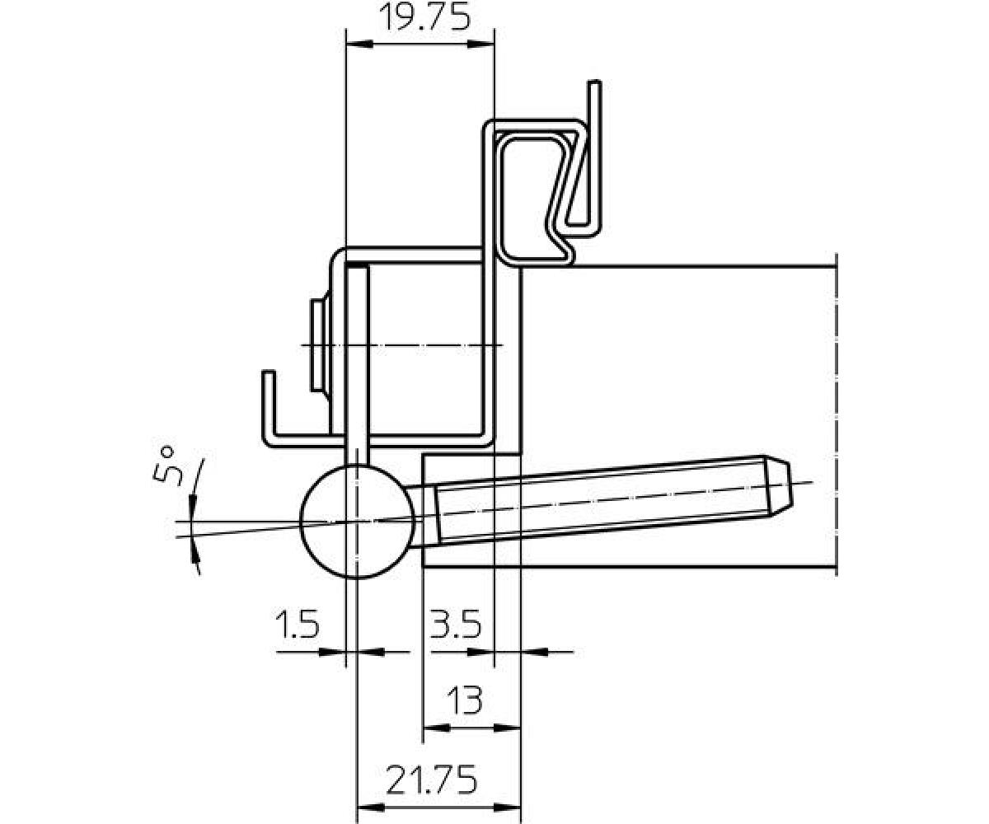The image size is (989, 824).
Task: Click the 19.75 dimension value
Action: pos(425,18)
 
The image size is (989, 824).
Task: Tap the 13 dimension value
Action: pos(465,700)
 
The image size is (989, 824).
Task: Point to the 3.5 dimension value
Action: pos(455,624)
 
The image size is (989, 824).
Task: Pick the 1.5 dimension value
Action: pos(298,624)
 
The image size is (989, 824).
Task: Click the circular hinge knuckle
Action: pos(357,522)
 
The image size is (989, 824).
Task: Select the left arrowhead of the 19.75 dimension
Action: pos(359,44)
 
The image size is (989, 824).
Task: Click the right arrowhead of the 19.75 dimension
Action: pos(481,44)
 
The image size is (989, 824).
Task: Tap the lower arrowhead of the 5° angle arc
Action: pos(195,559)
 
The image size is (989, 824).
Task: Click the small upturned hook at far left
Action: pos(269,408)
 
